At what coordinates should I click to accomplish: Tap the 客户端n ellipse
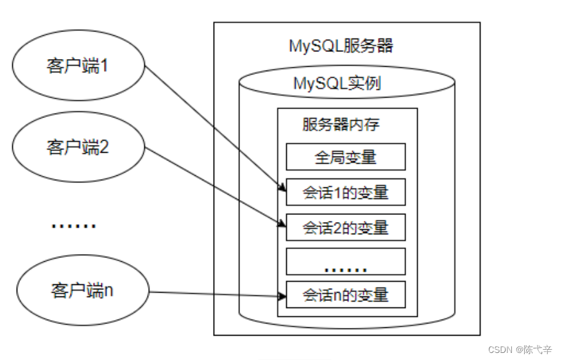coord(81,290)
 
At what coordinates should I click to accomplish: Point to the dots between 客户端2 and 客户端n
coord(73,225)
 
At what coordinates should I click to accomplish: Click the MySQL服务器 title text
coord(341,46)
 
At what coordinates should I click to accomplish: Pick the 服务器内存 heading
coord(341,124)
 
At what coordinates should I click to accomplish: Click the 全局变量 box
coord(345,157)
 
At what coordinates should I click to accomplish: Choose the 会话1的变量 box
coord(345,192)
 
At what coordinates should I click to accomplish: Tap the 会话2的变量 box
coord(345,227)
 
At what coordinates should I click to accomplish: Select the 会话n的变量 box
coord(345,295)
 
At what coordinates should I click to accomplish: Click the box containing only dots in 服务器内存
coord(345,262)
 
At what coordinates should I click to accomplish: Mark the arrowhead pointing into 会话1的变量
coord(282,187)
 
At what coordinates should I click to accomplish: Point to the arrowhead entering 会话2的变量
coord(282,223)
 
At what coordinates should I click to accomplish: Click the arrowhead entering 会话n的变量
coord(282,296)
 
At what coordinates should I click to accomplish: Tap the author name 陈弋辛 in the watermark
coord(538,350)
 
